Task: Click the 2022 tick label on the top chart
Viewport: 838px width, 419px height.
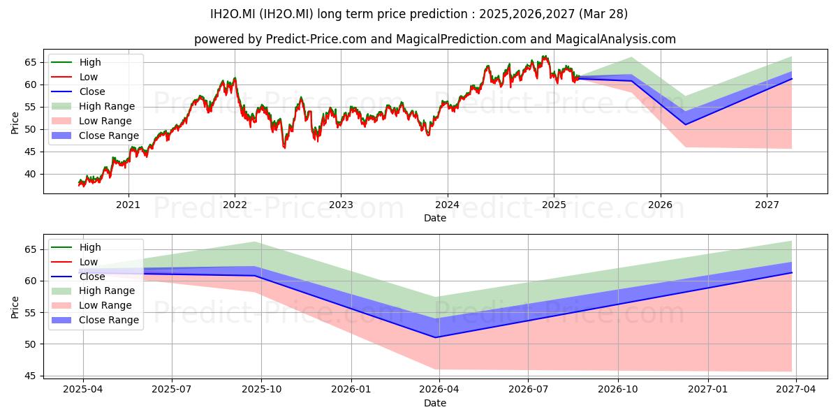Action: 235,205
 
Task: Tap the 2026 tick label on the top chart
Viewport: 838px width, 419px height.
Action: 661,205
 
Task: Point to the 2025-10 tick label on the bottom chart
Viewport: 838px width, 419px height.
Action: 261,390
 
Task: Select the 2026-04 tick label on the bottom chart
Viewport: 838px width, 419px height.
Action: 439,390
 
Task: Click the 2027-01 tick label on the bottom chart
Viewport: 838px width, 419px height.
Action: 708,390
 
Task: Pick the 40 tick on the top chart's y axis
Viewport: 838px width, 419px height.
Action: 30,175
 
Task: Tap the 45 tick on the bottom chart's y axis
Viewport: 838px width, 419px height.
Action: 30,376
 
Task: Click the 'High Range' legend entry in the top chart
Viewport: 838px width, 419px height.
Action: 93,106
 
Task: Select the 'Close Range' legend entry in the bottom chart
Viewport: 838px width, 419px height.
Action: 95,321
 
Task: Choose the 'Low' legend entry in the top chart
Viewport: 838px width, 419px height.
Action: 74,77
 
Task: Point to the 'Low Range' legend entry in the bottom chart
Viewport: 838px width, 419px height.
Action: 91,306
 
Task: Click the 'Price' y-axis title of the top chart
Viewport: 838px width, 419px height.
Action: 15,123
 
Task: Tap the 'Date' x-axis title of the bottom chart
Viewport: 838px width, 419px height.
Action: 435,404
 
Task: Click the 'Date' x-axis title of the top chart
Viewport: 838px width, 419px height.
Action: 435,218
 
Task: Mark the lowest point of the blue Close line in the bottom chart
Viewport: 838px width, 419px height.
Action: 436,337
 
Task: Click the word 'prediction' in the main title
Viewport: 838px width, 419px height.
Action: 439,14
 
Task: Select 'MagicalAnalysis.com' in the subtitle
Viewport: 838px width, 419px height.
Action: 616,39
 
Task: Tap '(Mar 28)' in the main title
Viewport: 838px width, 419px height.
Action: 603,14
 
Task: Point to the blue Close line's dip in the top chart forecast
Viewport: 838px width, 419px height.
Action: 685,124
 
